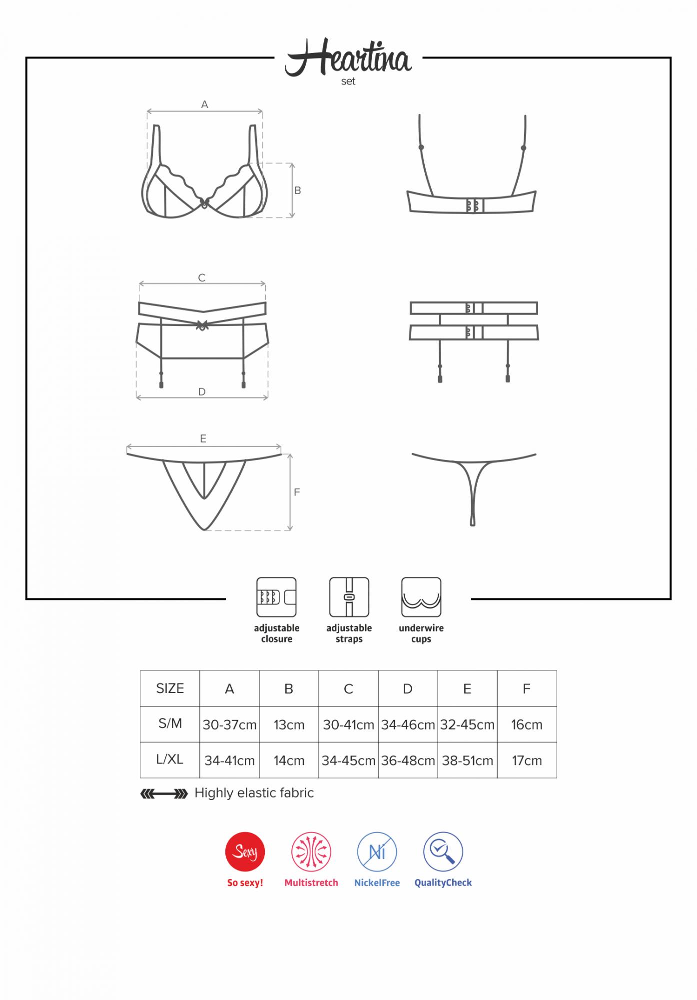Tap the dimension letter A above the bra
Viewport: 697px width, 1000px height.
coord(204,104)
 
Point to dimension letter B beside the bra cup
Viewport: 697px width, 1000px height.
coord(298,190)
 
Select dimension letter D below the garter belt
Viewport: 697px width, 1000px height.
coord(202,391)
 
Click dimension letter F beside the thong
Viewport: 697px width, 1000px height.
coord(297,492)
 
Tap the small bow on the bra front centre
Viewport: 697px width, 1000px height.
coord(204,202)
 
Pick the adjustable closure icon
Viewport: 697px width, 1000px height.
coord(276,597)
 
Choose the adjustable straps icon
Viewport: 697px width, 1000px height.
coord(349,597)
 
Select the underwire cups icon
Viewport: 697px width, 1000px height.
coord(421,597)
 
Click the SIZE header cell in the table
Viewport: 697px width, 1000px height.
coord(170,688)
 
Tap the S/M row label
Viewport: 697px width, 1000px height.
coord(170,723)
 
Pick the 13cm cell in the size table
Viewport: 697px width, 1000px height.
coord(289,724)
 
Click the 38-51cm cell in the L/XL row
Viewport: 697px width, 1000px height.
coord(467,760)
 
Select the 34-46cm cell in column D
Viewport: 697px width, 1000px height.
coord(408,724)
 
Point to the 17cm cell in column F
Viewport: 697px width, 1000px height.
coord(527,760)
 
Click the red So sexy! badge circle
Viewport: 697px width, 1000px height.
coord(245,851)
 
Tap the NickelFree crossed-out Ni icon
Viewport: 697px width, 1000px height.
coord(377,851)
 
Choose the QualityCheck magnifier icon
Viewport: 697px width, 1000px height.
coord(443,851)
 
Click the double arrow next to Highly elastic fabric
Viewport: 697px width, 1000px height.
coord(164,793)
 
